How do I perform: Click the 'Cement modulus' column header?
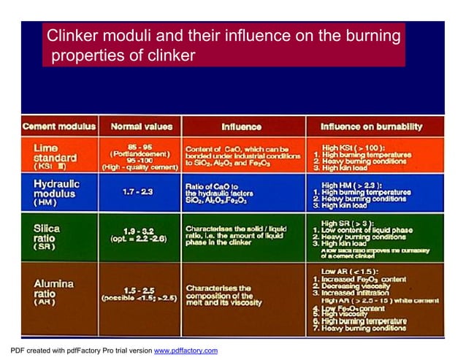point(58,126)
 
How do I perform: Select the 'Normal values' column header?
point(141,126)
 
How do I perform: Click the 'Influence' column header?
point(241,126)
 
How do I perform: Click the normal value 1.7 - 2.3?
point(140,191)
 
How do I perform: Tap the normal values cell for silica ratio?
point(140,235)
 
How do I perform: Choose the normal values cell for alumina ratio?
point(140,294)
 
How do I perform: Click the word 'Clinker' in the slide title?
point(72,35)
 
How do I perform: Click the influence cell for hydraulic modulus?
point(241,194)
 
